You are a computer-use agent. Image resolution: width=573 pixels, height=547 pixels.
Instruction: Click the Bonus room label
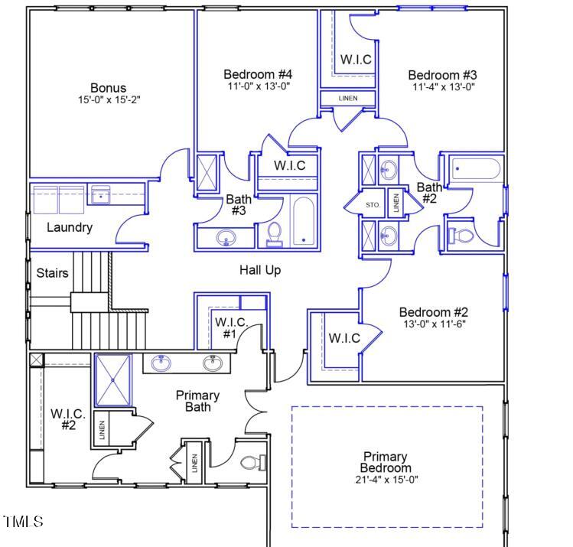108,88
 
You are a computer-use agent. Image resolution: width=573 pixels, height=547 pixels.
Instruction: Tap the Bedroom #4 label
258,74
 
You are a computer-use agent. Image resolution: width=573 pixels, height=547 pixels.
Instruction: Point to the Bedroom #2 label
433,312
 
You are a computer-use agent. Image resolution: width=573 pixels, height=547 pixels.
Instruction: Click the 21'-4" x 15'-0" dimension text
386,480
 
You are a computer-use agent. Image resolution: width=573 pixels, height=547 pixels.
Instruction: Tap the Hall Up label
260,270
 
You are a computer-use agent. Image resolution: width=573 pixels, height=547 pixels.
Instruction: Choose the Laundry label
70,227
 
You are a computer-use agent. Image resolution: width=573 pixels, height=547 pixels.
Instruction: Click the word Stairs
52,273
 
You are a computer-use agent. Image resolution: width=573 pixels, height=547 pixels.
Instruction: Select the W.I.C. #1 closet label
231,327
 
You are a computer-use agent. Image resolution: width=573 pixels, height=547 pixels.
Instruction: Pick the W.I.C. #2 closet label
68,418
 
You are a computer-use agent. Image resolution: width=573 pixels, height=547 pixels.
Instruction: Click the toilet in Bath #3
275,234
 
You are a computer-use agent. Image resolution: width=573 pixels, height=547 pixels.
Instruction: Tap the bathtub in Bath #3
304,221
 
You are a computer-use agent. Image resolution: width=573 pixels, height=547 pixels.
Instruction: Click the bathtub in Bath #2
476,169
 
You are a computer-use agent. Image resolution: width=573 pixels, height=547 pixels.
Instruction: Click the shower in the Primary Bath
113,380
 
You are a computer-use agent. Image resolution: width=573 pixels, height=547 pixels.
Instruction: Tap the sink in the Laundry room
100,196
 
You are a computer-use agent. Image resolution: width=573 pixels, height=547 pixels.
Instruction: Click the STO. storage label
373,205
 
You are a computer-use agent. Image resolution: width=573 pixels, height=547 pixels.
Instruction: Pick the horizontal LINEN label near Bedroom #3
348,99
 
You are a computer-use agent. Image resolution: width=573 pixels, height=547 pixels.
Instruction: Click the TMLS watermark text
23,523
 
